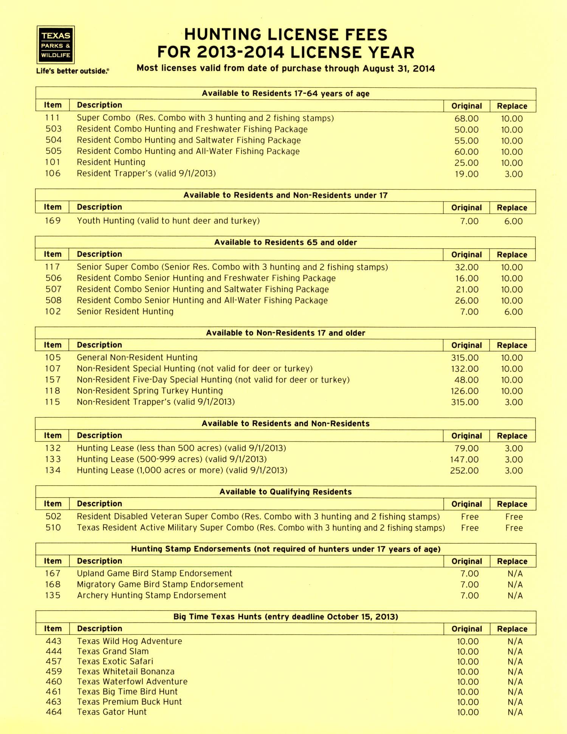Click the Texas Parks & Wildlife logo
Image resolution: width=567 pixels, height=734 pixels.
click(x=56, y=45)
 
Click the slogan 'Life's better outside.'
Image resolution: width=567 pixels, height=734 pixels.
click(x=72, y=71)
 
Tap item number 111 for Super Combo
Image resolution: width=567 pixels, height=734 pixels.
click(x=53, y=118)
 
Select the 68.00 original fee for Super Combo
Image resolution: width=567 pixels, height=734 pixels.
click(x=466, y=119)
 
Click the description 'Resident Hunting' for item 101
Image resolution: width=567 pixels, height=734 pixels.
click(x=111, y=162)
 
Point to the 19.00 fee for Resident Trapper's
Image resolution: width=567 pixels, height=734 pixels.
click(x=466, y=174)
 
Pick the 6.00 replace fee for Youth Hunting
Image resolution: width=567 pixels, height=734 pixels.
click(x=513, y=221)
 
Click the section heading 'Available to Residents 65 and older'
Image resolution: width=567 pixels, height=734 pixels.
click(x=285, y=242)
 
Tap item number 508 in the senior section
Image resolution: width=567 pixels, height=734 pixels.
click(x=53, y=301)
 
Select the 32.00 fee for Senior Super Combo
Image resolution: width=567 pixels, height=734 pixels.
click(x=466, y=267)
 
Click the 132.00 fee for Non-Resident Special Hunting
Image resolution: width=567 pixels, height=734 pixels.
click(x=465, y=369)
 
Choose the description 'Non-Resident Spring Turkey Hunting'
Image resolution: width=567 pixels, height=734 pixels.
click(x=150, y=391)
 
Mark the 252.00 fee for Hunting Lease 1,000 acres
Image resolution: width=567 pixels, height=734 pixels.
click(x=464, y=471)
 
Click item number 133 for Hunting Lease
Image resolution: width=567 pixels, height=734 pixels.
click(x=53, y=459)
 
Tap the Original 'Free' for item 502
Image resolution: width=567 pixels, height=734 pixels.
click(x=470, y=517)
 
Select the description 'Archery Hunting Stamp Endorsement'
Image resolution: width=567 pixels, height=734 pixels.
click(x=152, y=595)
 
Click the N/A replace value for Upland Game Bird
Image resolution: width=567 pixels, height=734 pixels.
click(x=515, y=574)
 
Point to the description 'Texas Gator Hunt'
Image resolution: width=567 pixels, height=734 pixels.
click(x=112, y=712)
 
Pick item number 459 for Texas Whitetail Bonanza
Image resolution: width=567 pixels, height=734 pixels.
click(x=53, y=672)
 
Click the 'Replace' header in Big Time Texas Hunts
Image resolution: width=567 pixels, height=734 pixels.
click(x=512, y=629)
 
